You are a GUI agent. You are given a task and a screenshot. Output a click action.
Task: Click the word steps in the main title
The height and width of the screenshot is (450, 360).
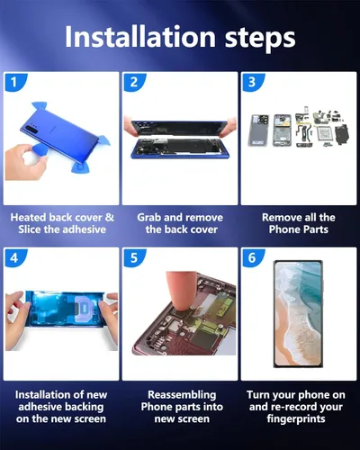coord(259,38)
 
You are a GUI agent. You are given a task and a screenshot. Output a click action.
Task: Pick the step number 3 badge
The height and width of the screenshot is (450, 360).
coord(252,82)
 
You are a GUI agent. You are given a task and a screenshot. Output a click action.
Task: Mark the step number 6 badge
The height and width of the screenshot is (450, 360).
coord(252,258)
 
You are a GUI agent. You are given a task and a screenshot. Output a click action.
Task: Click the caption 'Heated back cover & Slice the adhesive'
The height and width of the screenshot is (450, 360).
coord(61,224)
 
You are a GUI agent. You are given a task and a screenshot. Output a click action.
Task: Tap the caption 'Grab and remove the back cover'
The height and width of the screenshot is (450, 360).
coord(180,224)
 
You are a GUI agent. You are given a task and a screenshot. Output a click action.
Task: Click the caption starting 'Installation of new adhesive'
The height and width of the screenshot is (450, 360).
coord(61,408)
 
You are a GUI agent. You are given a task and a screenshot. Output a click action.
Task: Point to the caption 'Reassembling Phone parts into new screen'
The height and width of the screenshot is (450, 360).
coord(180,408)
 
